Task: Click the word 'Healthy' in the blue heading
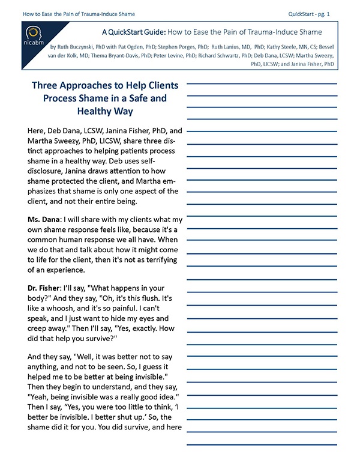point(103,110)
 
